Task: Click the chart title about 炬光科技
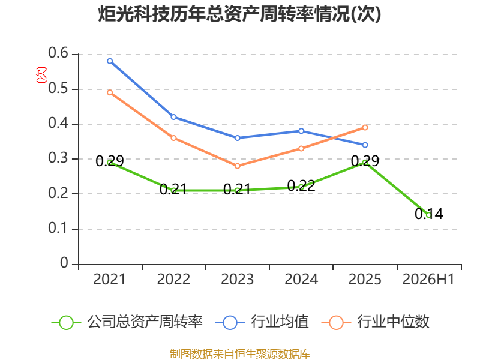click(239, 14)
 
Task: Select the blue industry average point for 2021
click(110, 61)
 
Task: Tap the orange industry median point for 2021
click(110, 92)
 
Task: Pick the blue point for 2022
click(173, 117)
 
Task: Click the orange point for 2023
click(238, 166)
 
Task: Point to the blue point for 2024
click(301, 131)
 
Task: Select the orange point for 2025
click(365, 127)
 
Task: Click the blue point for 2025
click(365, 145)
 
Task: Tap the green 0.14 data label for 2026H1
click(429, 214)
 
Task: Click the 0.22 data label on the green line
click(301, 185)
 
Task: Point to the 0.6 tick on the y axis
click(58, 53)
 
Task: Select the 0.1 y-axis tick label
click(58, 228)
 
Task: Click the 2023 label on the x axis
click(238, 279)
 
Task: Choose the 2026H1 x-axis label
click(428, 279)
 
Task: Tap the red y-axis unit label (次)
click(41, 75)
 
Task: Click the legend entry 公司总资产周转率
click(127, 322)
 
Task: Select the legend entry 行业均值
click(262, 322)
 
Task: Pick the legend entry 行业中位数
click(376, 322)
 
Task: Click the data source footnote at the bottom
click(240, 354)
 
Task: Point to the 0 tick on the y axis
click(64, 263)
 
